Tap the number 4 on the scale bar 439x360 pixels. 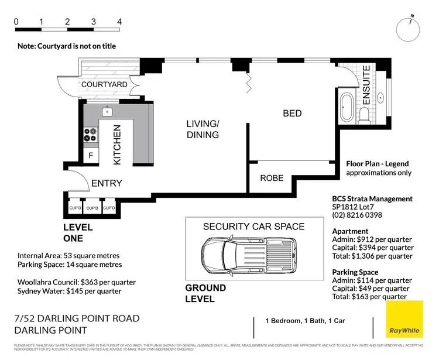coord(119,22)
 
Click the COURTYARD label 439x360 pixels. coord(104,85)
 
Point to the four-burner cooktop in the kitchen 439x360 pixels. coord(90,135)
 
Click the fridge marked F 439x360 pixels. coord(90,156)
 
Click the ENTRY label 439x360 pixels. coord(107,183)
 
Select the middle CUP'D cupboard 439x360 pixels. coord(92,208)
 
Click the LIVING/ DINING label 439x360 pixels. coord(203,129)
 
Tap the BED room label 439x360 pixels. coord(292,113)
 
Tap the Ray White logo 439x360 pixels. coord(404,320)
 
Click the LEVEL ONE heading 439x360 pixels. coord(82,233)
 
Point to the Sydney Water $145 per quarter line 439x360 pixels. coord(70,291)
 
